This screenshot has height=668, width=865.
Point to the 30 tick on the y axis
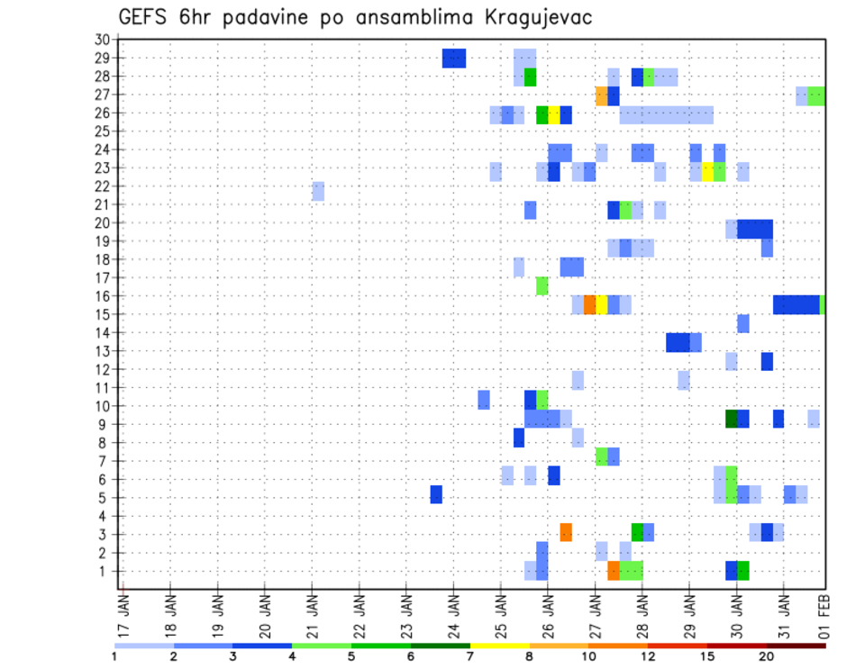click(101, 40)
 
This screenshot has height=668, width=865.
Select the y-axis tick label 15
click(101, 314)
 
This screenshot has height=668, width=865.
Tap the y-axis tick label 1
click(105, 571)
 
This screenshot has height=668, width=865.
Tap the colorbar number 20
click(767, 656)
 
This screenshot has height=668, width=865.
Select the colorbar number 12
click(649, 656)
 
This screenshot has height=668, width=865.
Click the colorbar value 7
click(470, 656)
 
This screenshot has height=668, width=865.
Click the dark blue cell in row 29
click(454, 58)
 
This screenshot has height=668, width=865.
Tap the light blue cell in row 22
click(318, 191)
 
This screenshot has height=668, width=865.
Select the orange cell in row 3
click(566, 532)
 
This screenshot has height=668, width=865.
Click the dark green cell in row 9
click(732, 419)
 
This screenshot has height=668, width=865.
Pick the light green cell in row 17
click(542, 285)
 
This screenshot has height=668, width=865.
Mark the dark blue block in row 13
click(678, 342)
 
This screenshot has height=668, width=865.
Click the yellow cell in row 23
click(707, 171)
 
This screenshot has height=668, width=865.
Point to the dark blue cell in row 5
click(436, 494)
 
